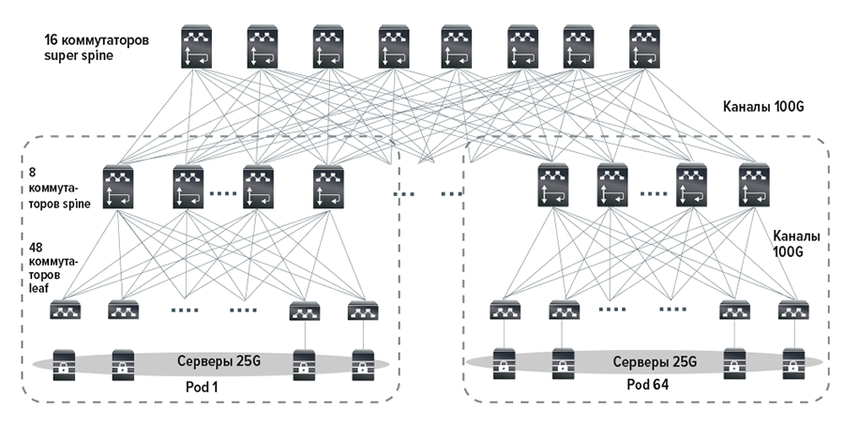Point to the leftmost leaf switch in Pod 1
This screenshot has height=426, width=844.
point(67,311)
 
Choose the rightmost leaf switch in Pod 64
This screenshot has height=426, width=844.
point(791,311)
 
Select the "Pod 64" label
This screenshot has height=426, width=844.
point(646,386)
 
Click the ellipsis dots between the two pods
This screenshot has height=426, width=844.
point(430,194)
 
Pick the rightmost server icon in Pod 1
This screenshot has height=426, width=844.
point(362,362)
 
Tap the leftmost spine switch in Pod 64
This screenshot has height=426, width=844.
point(553,187)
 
